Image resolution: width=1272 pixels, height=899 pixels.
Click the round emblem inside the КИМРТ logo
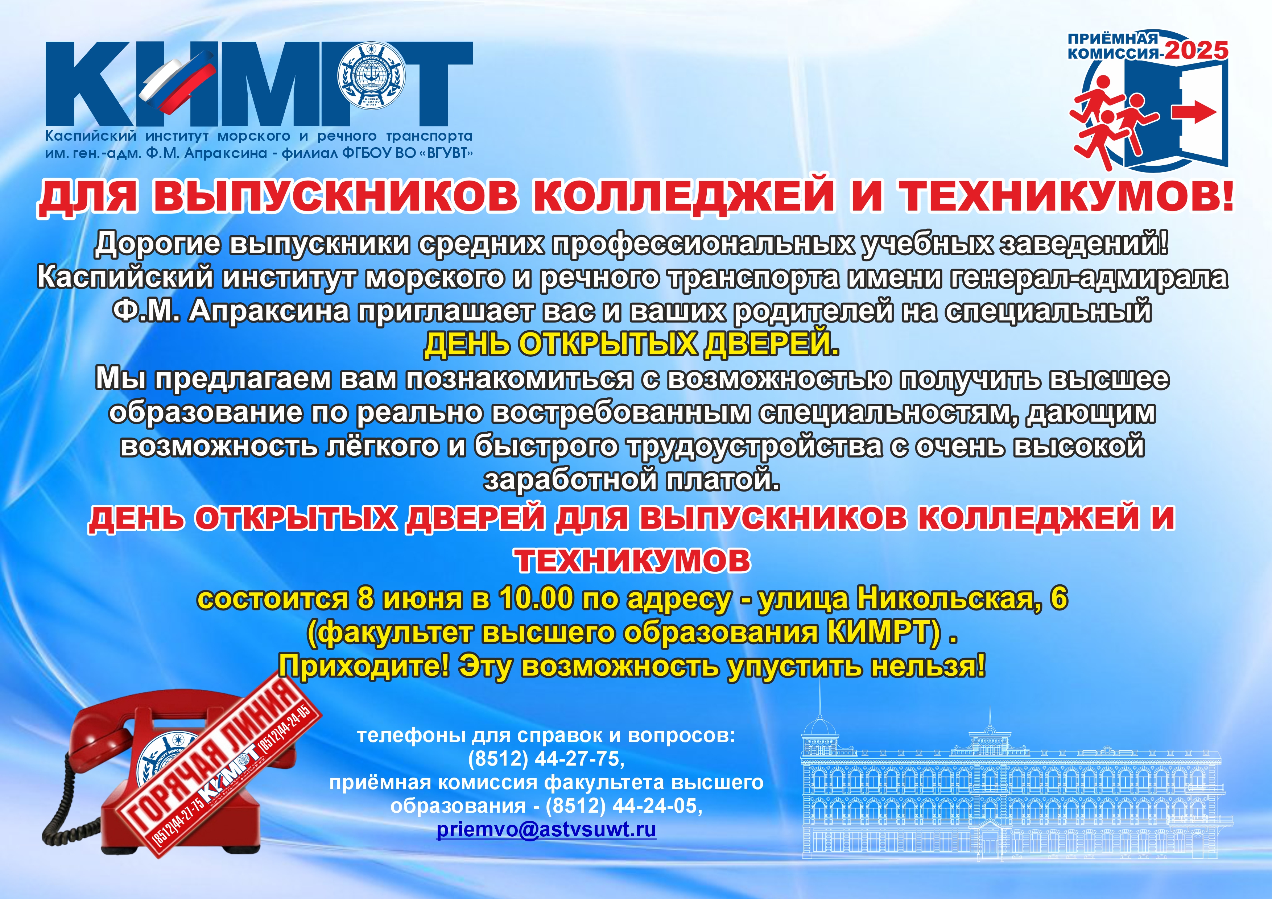[x=371, y=75]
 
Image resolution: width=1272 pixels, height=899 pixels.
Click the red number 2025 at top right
[x=1196, y=51]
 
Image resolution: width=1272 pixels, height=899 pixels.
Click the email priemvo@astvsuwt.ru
[x=546, y=829]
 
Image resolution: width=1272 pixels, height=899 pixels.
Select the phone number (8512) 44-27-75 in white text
[x=546, y=759]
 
